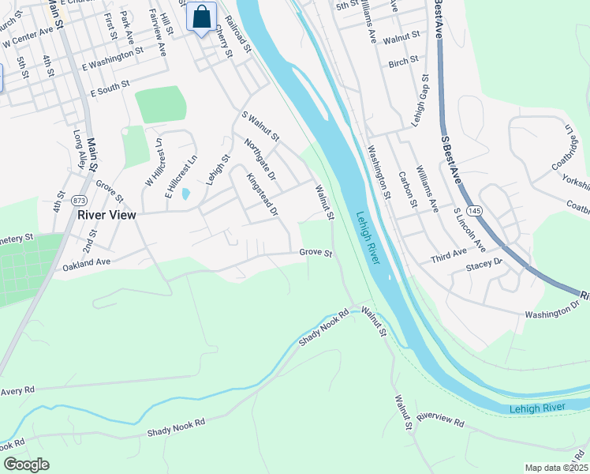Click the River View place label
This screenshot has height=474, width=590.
pos(106,214)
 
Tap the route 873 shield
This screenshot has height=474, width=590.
pos(79,201)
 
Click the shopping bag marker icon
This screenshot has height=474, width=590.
pos(202,16)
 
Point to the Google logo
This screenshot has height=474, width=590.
pos(26,465)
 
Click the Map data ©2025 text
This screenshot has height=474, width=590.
pos(556,468)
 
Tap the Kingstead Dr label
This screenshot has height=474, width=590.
pos(262,195)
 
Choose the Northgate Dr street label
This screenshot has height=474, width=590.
pos(259,160)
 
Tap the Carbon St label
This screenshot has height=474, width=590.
pos(407,190)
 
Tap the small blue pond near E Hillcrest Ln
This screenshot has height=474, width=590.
pos(185,193)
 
